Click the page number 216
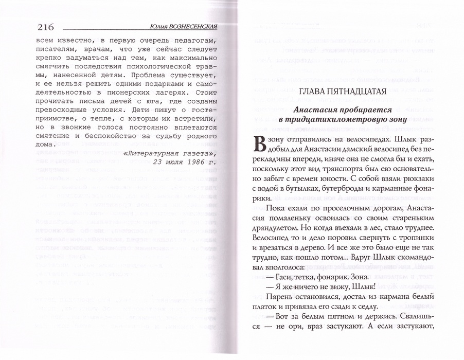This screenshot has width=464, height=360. coord(46,27)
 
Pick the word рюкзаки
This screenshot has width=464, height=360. coord(412,177)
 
